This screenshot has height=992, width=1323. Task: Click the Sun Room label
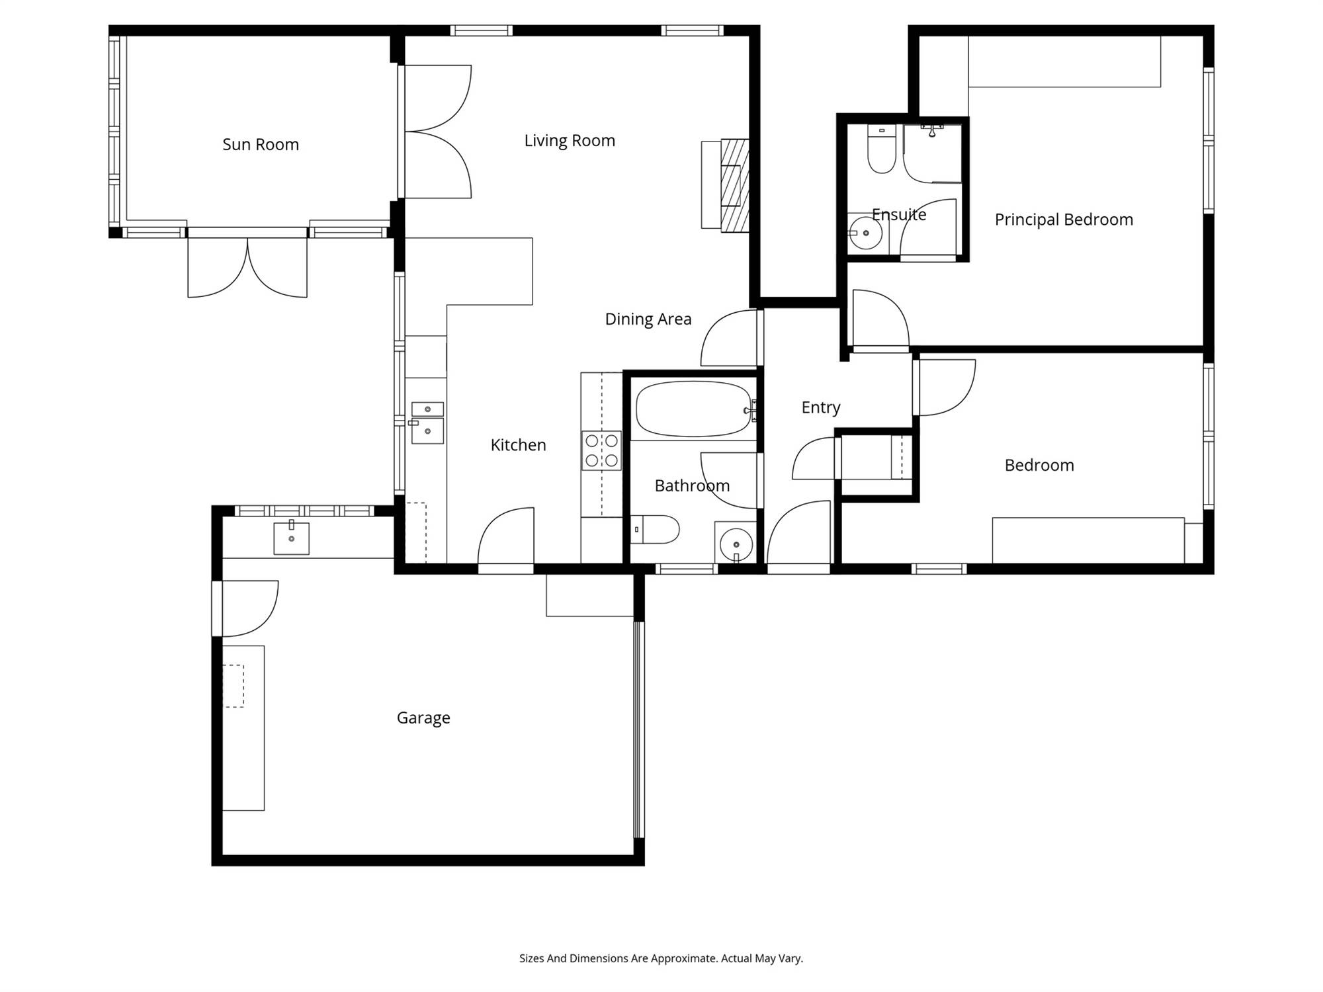261,144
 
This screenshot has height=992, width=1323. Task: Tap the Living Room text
570,141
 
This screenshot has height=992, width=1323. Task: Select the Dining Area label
648,319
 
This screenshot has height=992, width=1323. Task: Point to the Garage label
423,718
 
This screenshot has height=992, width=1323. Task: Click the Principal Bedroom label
1064,220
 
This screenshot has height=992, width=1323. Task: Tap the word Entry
821,407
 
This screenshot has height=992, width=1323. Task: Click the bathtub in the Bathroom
694,409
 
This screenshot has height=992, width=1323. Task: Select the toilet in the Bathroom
655,529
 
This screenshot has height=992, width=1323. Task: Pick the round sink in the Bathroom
735,543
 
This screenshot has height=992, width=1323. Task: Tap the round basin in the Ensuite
865,233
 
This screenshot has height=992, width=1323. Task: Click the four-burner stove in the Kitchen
601,450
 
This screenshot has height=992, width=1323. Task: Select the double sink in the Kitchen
427,423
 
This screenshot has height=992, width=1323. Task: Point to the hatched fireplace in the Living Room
734,185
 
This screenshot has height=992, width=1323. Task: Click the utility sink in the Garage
291,538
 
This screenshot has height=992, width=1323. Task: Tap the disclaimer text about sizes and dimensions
661,958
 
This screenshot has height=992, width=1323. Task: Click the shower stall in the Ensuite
932,153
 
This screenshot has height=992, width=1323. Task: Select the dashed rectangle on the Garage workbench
233,686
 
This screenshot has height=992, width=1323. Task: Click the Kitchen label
518,445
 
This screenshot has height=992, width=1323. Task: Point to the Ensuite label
899,214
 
